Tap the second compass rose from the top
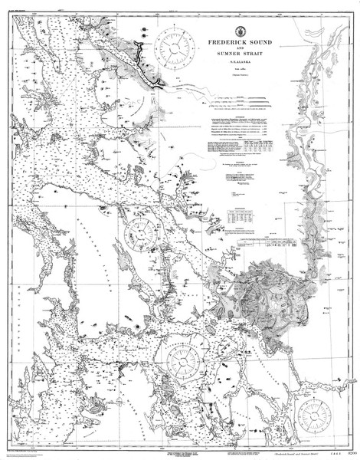tap(141, 230)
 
